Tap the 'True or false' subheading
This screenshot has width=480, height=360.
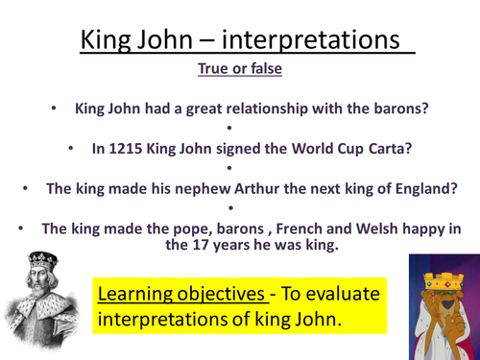(x=240, y=69)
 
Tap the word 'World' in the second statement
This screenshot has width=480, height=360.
(x=280, y=150)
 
